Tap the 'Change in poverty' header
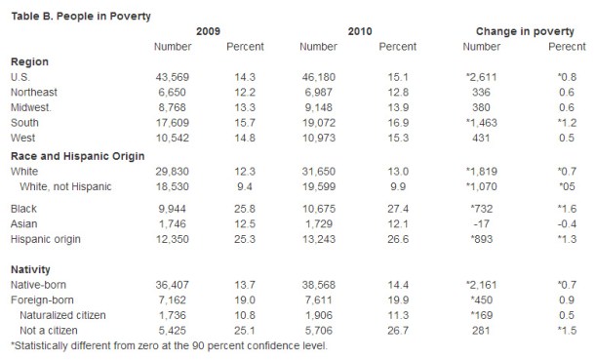click(x=511, y=31)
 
